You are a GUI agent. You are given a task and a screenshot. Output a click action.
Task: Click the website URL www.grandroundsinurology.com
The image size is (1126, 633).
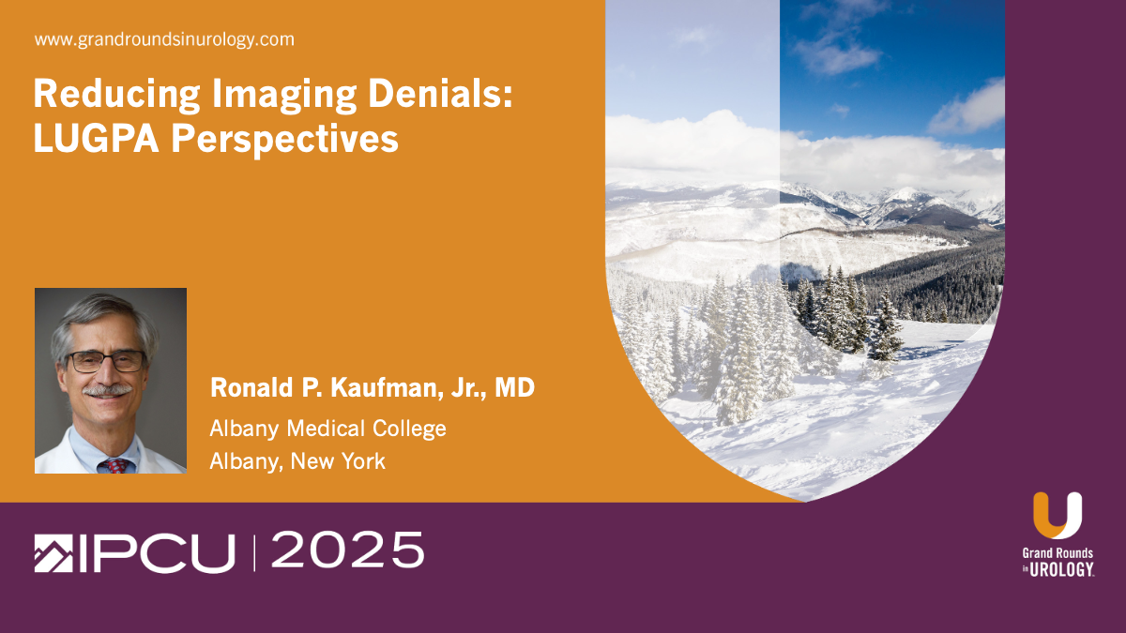pyautogui.click(x=164, y=39)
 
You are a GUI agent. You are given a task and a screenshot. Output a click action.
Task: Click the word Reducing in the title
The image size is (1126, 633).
pyautogui.click(x=116, y=94)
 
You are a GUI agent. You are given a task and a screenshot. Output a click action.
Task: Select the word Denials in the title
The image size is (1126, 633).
pyautogui.click(x=440, y=93)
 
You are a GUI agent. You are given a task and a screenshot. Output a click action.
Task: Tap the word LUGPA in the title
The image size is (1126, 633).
pyautogui.click(x=96, y=138)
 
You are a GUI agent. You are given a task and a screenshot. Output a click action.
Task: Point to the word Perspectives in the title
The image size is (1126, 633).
pyautogui.click(x=285, y=140)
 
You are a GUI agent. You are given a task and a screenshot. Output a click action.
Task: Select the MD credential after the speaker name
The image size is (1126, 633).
pyautogui.click(x=515, y=387)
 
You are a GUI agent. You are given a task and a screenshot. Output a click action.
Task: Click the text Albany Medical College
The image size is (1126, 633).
pyautogui.click(x=327, y=429)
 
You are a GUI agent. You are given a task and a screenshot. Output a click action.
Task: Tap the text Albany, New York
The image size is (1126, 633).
pyautogui.click(x=297, y=461)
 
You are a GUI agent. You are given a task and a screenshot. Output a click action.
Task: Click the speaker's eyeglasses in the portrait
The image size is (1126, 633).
pyautogui.click(x=106, y=362)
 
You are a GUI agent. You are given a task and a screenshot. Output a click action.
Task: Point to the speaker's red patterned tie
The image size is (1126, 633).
pyautogui.click(x=115, y=466)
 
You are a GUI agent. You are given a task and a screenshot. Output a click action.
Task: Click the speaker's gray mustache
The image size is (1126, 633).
pyautogui.click(x=107, y=390)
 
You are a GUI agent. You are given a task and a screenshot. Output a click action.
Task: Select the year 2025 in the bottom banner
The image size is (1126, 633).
pyautogui.click(x=348, y=550)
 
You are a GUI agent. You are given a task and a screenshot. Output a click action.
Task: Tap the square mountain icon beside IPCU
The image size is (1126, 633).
pyautogui.click(x=53, y=553)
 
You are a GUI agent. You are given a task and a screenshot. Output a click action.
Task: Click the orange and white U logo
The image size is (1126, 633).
pyautogui.click(x=1058, y=516)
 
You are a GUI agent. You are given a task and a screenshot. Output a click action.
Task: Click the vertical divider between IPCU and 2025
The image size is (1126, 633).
pyautogui.click(x=254, y=553)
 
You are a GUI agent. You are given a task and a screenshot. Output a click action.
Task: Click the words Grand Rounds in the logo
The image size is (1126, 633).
pyautogui.click(x=1058, y=553)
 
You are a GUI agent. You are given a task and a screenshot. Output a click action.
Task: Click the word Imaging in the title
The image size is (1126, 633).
pyautogui.click(x=284, y=95)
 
